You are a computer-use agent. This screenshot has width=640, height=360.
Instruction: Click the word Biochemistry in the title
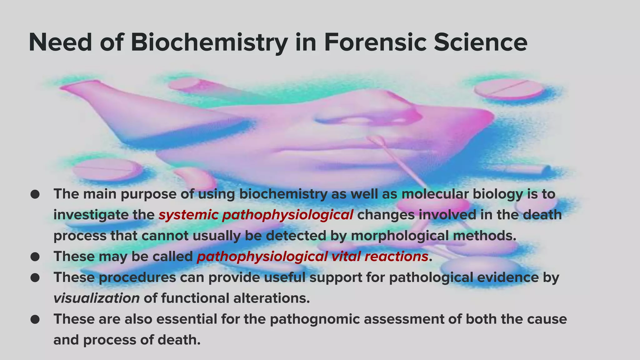[209, 42]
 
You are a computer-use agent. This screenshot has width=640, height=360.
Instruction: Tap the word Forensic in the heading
[375, 42]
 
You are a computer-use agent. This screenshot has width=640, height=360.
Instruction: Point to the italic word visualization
[97, 298]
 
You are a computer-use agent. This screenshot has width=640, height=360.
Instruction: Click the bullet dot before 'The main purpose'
[35, 194]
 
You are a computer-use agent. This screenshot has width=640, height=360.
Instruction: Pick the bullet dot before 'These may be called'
[35, 257]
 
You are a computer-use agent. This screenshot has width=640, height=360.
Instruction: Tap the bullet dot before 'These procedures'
[35, 277]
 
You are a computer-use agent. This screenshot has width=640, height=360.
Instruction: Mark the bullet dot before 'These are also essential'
[35, 319]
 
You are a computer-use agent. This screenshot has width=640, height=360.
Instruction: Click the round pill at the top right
[509, 89]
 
